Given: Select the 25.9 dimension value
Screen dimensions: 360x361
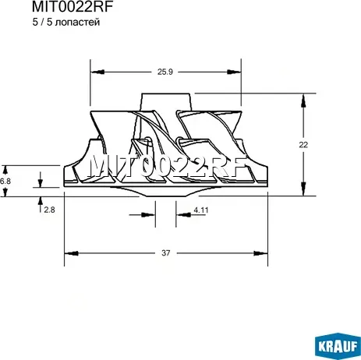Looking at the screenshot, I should click(164, 72).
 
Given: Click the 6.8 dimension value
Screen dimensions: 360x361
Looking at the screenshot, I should click(5, 181).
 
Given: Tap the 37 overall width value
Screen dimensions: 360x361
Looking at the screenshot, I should click(166, 253).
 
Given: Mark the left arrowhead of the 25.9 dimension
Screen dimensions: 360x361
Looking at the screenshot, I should click(95, 72).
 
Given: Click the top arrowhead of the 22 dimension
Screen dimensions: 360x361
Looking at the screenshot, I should click(303, 99).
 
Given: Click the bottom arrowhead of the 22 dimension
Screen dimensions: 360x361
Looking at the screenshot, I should click(303, 189).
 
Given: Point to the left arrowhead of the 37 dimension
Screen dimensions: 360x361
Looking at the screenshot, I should click(68, 252).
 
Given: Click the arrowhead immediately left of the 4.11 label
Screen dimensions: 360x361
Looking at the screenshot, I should click(179, 210).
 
